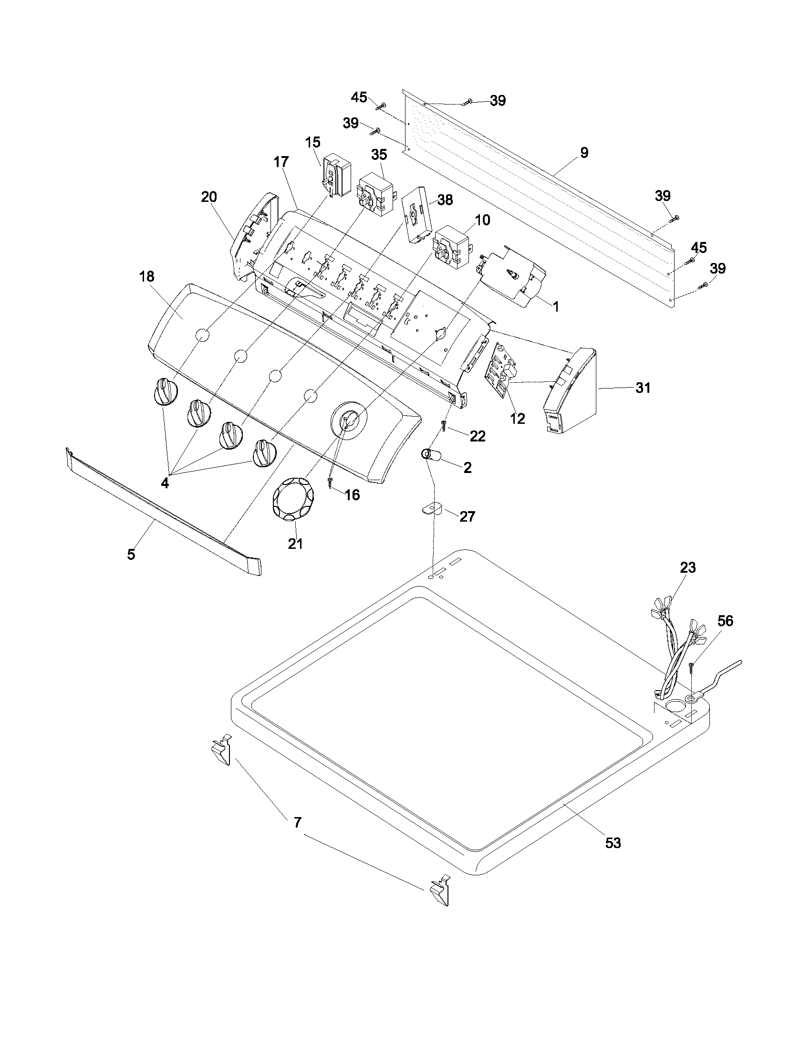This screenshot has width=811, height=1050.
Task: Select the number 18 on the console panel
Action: click(147, 276)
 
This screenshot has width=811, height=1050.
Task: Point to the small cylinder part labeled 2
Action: click(430, 454)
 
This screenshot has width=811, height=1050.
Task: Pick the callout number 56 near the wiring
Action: click(725, 621)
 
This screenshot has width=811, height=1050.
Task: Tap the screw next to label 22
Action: click(445, 424)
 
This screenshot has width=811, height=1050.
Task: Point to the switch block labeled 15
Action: click(336, 176)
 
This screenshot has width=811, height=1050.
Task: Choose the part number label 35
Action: click(379, 155)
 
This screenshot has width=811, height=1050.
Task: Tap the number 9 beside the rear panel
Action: click(584, 153)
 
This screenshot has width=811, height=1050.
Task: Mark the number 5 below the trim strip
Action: click(131, 554)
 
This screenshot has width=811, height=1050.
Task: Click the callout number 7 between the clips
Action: click(297, 823)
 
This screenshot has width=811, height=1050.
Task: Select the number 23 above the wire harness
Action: click(687, 567)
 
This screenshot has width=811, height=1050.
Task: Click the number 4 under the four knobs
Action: click(165, 483)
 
